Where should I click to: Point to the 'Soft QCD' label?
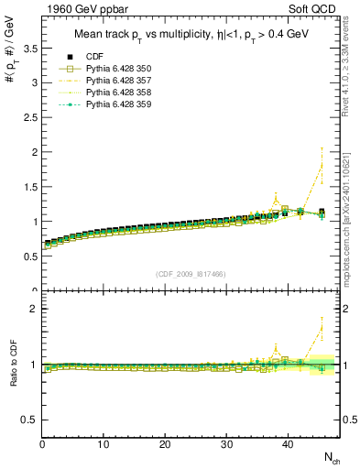click(x=314, y=10)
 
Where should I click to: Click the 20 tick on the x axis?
click(x=165, y=444)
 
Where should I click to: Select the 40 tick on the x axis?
click(x=287, y=444)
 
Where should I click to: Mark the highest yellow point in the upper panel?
click(x=321, y=165)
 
